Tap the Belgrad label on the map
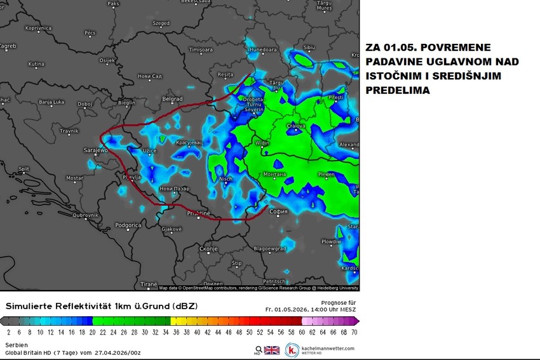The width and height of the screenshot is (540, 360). tap(172, 99)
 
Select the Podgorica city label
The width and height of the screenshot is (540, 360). tap(128, 225)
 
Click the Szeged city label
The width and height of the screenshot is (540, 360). tap(161, 23)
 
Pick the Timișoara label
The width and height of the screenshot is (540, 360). tap(201, 49)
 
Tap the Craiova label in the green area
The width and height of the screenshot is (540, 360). tap(296, 126)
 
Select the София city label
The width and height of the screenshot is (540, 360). tap(279, 211)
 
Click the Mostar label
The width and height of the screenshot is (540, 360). tap(74, 178)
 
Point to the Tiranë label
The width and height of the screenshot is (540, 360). tap(148, 284)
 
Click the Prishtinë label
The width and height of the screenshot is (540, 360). tap(198, 213)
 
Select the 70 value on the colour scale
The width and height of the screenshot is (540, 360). tap(353, 332)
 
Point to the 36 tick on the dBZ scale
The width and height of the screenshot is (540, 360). tap(177, 332)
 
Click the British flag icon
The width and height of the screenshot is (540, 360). tap(271, 350)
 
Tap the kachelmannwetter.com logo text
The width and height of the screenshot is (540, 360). tap(328, 348)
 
